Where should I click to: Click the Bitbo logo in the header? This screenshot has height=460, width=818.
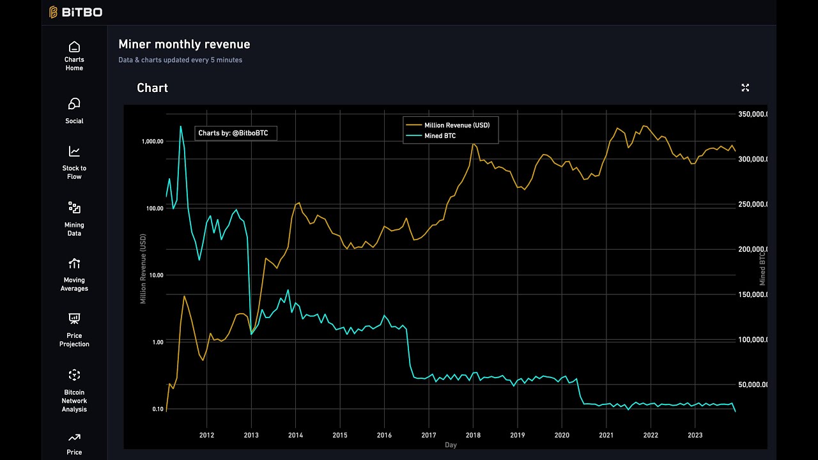75,12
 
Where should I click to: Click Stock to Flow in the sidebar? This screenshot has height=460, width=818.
74,163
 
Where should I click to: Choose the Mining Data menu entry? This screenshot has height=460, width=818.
74,218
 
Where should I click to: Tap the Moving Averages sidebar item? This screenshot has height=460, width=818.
74,274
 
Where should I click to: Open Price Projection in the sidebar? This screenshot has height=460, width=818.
74,330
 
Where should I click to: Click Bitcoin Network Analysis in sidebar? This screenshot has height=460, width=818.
74,390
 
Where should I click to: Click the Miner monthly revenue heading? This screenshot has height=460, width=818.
184,44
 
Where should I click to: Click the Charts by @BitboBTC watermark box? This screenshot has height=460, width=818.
235,133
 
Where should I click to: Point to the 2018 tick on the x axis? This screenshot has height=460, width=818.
473,435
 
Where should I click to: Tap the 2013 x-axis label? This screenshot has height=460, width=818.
251,435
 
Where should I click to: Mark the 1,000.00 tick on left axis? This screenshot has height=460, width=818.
152,141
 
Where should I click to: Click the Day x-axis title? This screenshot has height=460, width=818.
451,445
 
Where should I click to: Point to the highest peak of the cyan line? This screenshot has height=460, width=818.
181,126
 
